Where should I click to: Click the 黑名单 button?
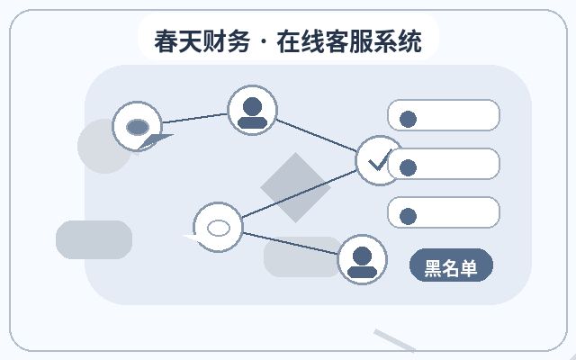[x=451, y=265]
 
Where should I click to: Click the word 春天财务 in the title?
[x=202, y=41]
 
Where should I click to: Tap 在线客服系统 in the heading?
[x=349, y=41]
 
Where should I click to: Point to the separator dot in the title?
[x=264, y=41]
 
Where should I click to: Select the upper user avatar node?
[x=252, y=110]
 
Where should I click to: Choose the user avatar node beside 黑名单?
[x=362, y=259]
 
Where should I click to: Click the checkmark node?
[x=378, y=160]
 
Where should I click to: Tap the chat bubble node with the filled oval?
[x=138, y=126]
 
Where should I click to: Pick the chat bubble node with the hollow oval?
[x=218, y=227]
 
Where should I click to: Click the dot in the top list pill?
[x=408, y=119]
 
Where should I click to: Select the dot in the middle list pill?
[x=408, y=168]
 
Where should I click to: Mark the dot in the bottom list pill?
[x=408, y=216]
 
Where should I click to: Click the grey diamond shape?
[x=295, y=187]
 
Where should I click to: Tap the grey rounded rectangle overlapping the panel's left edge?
[x=94, y=239]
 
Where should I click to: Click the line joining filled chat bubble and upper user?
[x=194, y=118]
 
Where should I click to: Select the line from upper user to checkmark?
[x=316, y=135]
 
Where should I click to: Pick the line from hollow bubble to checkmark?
[x=299, y=194]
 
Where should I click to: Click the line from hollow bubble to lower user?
[x=290, y=243]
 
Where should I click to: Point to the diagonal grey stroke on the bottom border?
[x=395, y=340]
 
